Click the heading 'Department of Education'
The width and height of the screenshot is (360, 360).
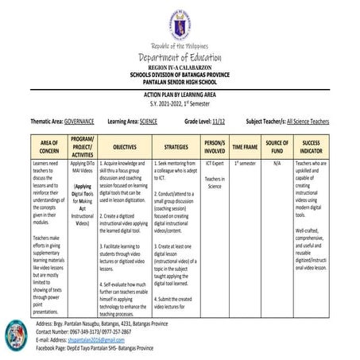179,57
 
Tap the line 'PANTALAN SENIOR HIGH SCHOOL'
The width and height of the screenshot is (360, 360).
179,81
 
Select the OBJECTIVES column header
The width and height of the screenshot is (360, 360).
125,147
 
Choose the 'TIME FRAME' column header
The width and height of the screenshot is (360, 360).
246,147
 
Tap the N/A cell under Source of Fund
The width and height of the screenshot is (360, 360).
277,163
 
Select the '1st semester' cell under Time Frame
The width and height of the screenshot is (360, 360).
246,163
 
